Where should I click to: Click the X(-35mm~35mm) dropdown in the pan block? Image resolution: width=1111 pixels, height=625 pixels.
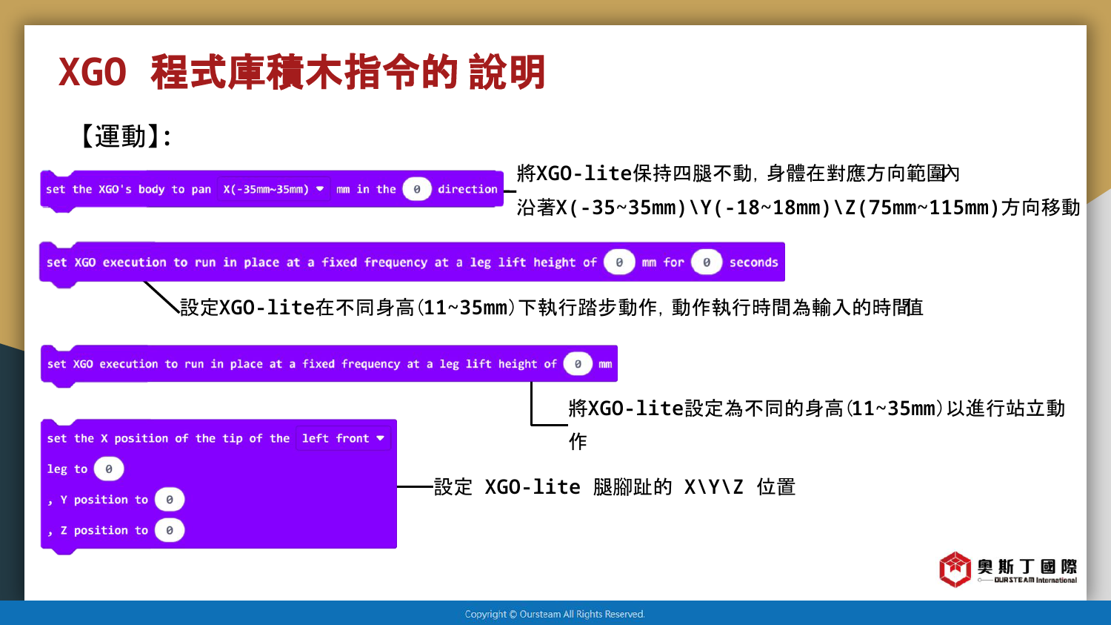[274, 189]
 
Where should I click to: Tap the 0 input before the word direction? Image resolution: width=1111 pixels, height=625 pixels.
[416, 189]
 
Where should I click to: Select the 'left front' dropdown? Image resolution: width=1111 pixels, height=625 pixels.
[343, 438]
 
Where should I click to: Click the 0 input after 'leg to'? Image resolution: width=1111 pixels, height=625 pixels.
[109, 469]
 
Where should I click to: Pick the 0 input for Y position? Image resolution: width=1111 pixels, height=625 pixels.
[170, 500]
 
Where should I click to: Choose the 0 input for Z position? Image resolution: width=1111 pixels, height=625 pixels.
[170, 531]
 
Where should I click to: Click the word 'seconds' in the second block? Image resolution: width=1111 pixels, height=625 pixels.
[753, 262]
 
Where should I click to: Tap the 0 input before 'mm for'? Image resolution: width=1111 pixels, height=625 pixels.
[619, 262]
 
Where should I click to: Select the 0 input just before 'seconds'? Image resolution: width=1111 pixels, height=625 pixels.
[707, 262]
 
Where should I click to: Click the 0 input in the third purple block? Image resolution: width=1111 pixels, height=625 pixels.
[578, 364]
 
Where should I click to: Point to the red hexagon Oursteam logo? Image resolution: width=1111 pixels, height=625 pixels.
[955, 569]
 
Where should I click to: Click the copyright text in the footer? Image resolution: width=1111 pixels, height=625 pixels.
[555, 614]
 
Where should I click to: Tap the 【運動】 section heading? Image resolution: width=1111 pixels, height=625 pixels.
[125, 136]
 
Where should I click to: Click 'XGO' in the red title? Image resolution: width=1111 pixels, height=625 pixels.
[93, 73]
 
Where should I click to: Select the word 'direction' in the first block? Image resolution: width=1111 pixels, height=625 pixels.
[467, 189]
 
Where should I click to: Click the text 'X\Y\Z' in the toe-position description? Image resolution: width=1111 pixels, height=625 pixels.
[714, 488]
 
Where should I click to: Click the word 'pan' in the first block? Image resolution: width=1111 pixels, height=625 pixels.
[201, 190]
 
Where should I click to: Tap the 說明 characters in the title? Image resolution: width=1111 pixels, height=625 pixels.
[507, 73]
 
